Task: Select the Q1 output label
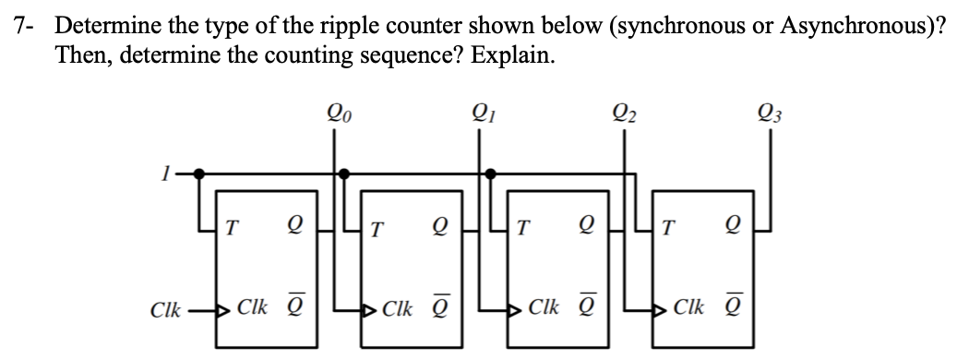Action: pos(479,116)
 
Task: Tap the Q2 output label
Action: pos(625,116)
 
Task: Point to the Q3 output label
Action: pos(768,116)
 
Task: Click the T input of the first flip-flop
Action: pos(231,225)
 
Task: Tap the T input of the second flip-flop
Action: pos(377,226)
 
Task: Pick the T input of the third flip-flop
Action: pos(522,226)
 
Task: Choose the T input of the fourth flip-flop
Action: pos(668,226)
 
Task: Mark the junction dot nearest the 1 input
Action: pos(202,172)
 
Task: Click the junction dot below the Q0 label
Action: pos(345,172)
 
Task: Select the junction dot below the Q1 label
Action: pos(490,172)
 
